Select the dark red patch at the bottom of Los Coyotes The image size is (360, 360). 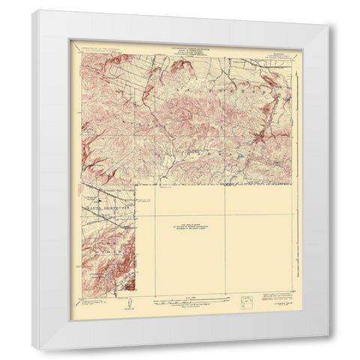point(127,282)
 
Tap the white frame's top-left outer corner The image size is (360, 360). point(32,10)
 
